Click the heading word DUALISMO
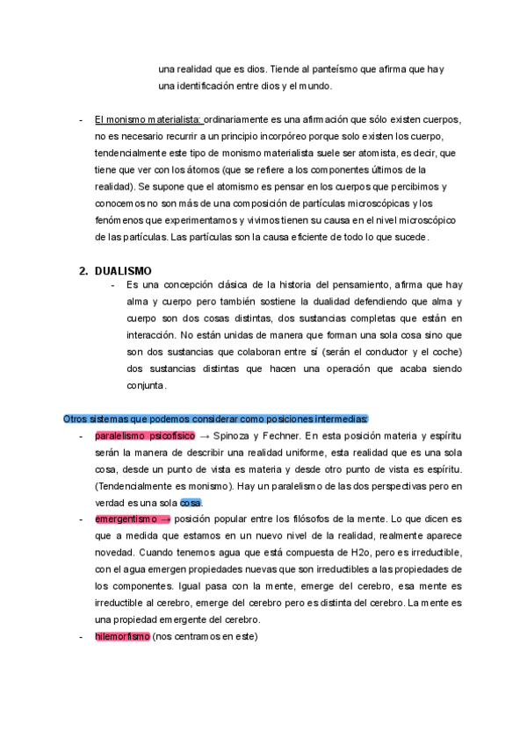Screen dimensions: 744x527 [x=126, y=271]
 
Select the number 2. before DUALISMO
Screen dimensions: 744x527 [x=84, y=271]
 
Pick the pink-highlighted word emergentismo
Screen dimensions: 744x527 [x=126, y=520]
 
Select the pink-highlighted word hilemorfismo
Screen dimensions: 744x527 [x=122, y=636]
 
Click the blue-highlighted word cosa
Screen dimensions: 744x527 [x=191, y=503]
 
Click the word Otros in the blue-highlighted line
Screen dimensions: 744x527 [x=76, y=418]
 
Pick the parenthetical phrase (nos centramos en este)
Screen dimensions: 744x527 [x=206, y=636]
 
